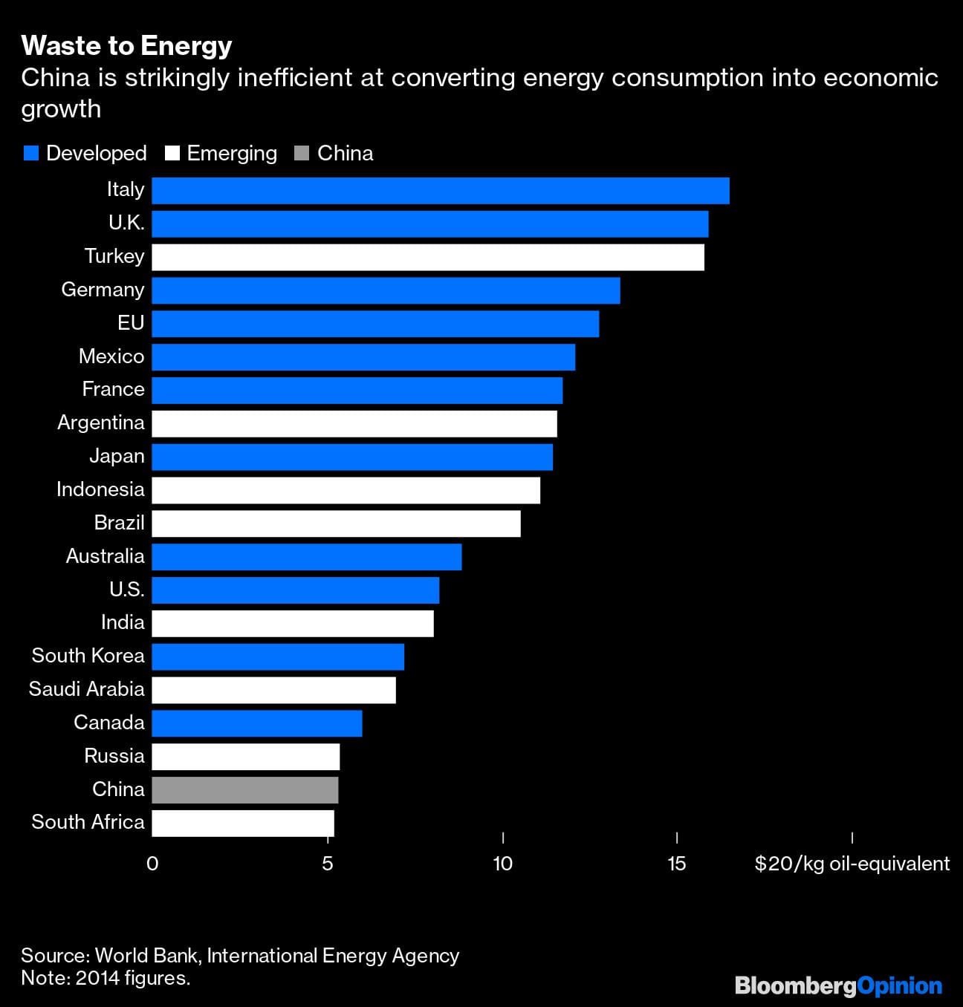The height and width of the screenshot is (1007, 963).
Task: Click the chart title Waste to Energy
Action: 126,46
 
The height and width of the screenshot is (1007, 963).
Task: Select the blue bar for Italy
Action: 440,191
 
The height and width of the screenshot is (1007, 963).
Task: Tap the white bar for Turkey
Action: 427,257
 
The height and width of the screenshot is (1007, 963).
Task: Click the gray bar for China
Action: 244,789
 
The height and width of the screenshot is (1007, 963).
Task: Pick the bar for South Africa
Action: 243,823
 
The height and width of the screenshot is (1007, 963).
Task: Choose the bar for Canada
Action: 256,723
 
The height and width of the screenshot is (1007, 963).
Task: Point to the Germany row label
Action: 103,290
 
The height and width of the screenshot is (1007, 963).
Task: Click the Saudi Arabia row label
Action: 86,689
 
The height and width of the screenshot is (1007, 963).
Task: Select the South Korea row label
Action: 88,656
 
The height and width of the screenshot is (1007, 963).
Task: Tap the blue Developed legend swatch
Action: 30,154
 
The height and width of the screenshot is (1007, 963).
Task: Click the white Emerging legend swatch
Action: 172,154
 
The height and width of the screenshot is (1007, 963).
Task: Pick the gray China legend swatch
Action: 302,154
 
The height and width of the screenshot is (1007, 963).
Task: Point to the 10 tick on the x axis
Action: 502,864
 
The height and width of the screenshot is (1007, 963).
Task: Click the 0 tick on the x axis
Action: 152,864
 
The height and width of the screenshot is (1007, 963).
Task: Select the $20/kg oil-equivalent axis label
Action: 852,864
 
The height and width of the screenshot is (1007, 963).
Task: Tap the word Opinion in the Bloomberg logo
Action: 899,986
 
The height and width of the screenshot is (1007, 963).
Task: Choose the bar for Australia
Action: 306,557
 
